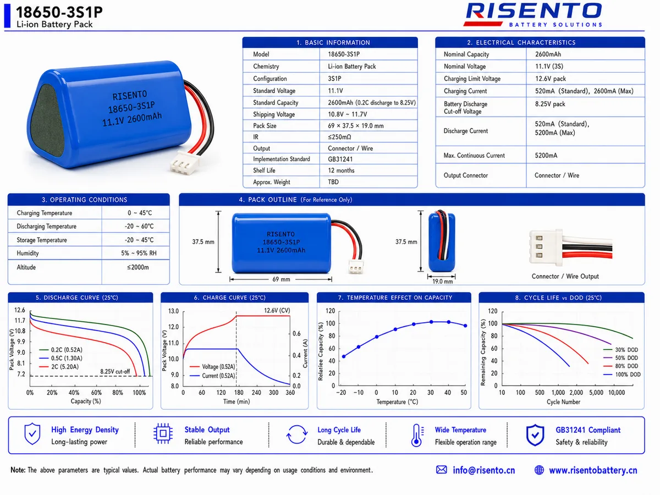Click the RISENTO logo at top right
click(x=533, y=15)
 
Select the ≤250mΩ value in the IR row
click(x=339, y=137)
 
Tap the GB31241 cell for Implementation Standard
click(x=340, y=159)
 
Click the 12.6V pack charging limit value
click(x=550, y=79)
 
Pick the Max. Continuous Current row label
click(x=474, y=156)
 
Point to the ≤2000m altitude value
click(x=137, y=267)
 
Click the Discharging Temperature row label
click(x=47, y=226)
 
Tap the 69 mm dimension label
click(x=281, y=279)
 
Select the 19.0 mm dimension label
click(x=442, y=281)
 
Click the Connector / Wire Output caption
click(x=565, y=276)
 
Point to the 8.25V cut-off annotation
click(x=115, y=371)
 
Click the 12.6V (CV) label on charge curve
click(x=277, y=310)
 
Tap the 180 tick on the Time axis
click(x=239, y=393)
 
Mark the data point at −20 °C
click(x=344, y=356)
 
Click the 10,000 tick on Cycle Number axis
click(x=617, y=393)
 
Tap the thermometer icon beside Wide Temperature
click(x=417, y=436)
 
